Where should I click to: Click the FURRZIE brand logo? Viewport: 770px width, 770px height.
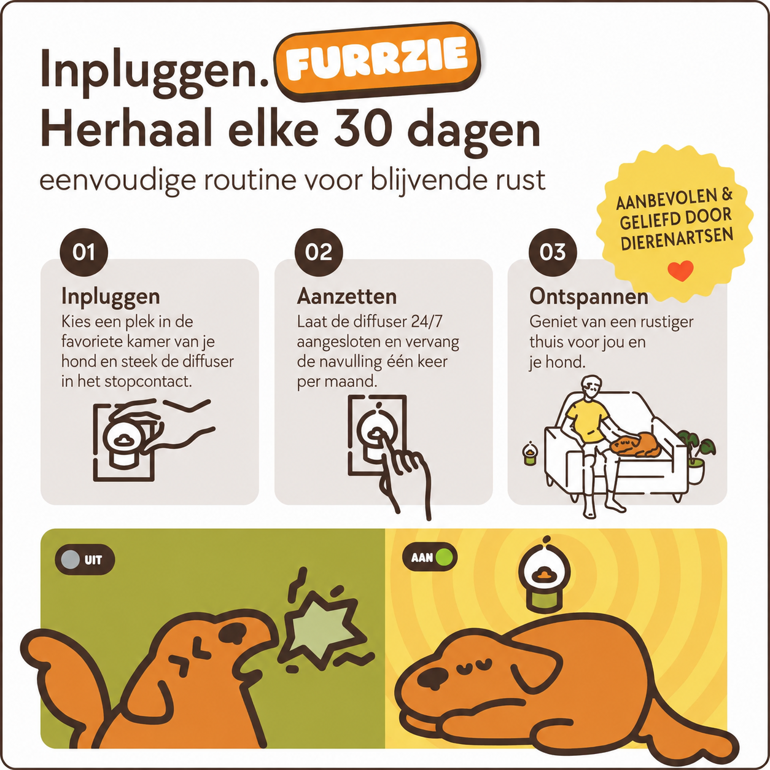(x=377, y=61)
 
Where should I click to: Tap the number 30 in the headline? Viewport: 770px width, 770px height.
(x=362, y=130)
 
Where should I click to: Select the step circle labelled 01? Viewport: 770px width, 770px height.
(x=84, y=252)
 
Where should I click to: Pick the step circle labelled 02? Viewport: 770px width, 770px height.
(x=319, y=252)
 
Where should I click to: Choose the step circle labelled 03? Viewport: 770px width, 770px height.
(x=553, y=252)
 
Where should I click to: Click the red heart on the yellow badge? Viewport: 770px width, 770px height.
(x=680, y=271)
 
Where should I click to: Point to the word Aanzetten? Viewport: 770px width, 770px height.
(x=347, y=297)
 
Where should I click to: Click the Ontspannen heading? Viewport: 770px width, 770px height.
(x=589, y=297)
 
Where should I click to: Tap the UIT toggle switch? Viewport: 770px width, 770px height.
(x=85, y=560)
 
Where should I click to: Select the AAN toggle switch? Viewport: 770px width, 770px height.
(x=430, y=557)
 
